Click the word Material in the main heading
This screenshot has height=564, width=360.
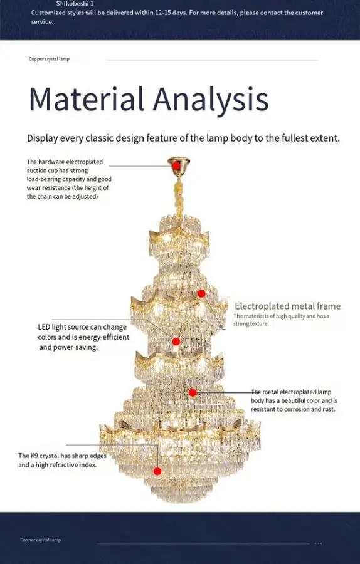pyautogui.click(x=87, y=98)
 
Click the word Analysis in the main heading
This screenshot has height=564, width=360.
pyautogui.click(x=211, y=101)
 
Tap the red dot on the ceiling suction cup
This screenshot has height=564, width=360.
pyautogui.click(x=176, y=166)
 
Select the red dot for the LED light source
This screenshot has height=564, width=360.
pyautogui.click(x=176, y=342)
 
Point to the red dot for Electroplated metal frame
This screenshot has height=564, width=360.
pyautogui.click(x=201, y=293)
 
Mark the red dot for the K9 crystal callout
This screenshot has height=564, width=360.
pyautogui.click(x=157, y=471)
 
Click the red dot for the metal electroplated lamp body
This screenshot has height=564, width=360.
pyautogui.click(x=193, y=392)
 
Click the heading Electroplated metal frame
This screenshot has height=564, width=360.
pyautogui.click(x=288, y=306)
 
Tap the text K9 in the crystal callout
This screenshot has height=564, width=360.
pyautogui.click(x=34, y=456)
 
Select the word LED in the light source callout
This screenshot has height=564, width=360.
pyautogui.click(x=44, y=327)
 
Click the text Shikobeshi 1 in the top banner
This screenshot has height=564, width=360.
pyautogui.click(x=75, y=4)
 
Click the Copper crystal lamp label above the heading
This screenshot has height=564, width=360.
pyautogui.click(x=49, y=59)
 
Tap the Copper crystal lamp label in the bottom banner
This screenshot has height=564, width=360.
pyautogui.click(x=40, y=540)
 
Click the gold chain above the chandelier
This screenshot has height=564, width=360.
pyautogui.click(x=179, y=200)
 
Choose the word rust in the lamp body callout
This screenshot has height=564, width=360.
pyautogui.click(x=329, y=409)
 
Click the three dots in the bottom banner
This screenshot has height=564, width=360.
pyautogui.click(x=318, y=543)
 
